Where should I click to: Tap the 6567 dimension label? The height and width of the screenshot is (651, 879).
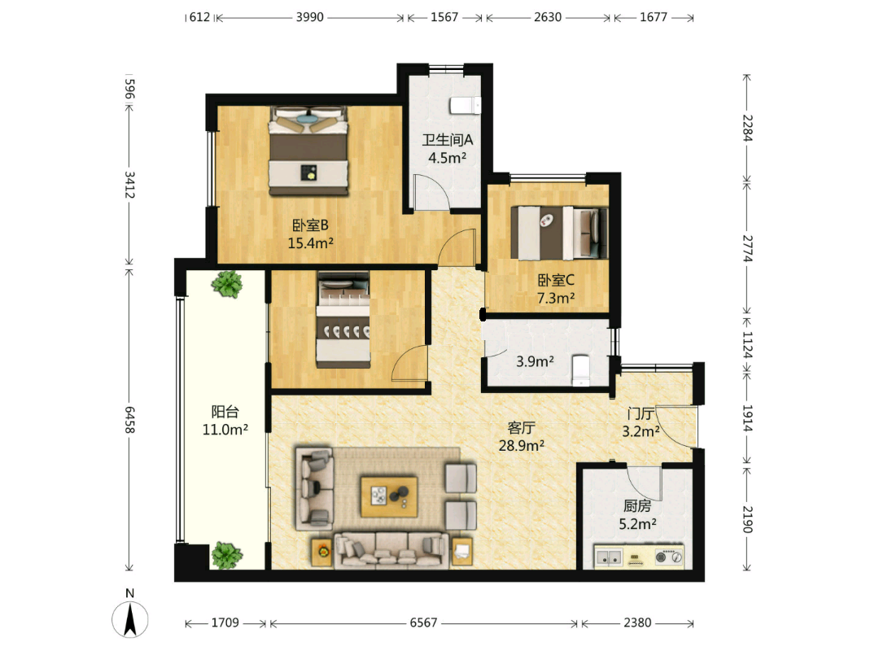423,623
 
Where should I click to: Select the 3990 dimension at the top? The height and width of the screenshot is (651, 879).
310,17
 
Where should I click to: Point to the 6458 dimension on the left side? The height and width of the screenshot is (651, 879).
129,419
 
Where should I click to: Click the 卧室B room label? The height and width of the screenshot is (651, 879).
310,225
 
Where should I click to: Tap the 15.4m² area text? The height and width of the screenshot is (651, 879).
311,243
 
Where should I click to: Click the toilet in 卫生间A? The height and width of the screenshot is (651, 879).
466,105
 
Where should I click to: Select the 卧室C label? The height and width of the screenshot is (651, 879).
556,280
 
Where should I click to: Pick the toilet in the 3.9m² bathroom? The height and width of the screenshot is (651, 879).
581,370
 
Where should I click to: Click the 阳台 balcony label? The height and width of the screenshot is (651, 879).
225,412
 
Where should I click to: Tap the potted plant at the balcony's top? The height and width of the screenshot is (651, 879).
227,284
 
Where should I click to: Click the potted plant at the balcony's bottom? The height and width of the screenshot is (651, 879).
227,555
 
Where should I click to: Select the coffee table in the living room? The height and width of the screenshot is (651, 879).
388,497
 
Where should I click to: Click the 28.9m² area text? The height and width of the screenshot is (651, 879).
522,446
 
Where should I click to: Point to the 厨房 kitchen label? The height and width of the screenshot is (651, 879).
637,506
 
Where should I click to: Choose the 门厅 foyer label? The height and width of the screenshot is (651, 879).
641,414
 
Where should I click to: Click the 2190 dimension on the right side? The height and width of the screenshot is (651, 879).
747,519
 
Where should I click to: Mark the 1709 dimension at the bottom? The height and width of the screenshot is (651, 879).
225,623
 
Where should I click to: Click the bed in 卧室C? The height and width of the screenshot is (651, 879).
559,234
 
